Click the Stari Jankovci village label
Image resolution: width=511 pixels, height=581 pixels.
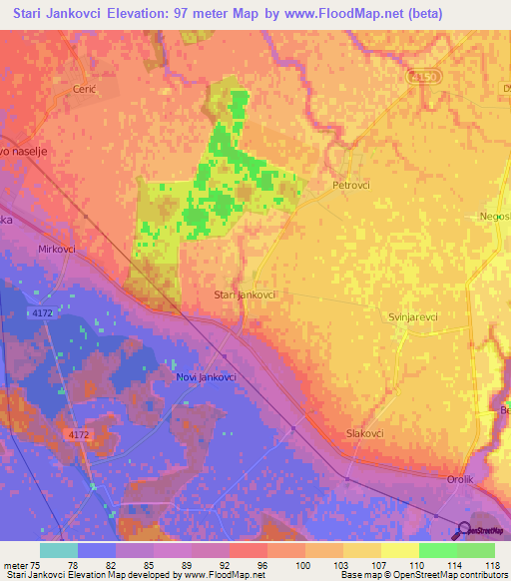[245, 295]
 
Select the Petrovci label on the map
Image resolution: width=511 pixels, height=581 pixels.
[350, 185]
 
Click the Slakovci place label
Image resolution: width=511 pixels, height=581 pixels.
[364, 433]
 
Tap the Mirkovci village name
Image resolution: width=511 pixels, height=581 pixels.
[57, 249]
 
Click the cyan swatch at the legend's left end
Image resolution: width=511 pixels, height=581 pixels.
[59, 550]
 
